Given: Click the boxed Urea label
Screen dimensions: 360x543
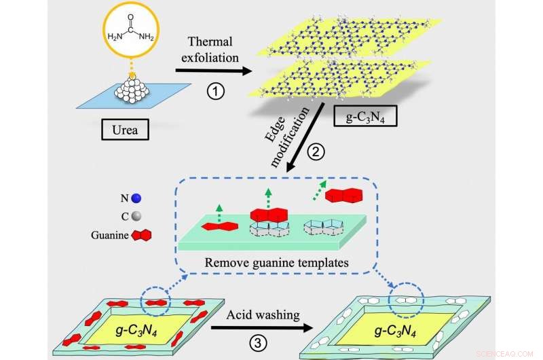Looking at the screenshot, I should (129, 128).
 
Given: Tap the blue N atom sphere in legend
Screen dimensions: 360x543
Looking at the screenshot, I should (137, 199).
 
